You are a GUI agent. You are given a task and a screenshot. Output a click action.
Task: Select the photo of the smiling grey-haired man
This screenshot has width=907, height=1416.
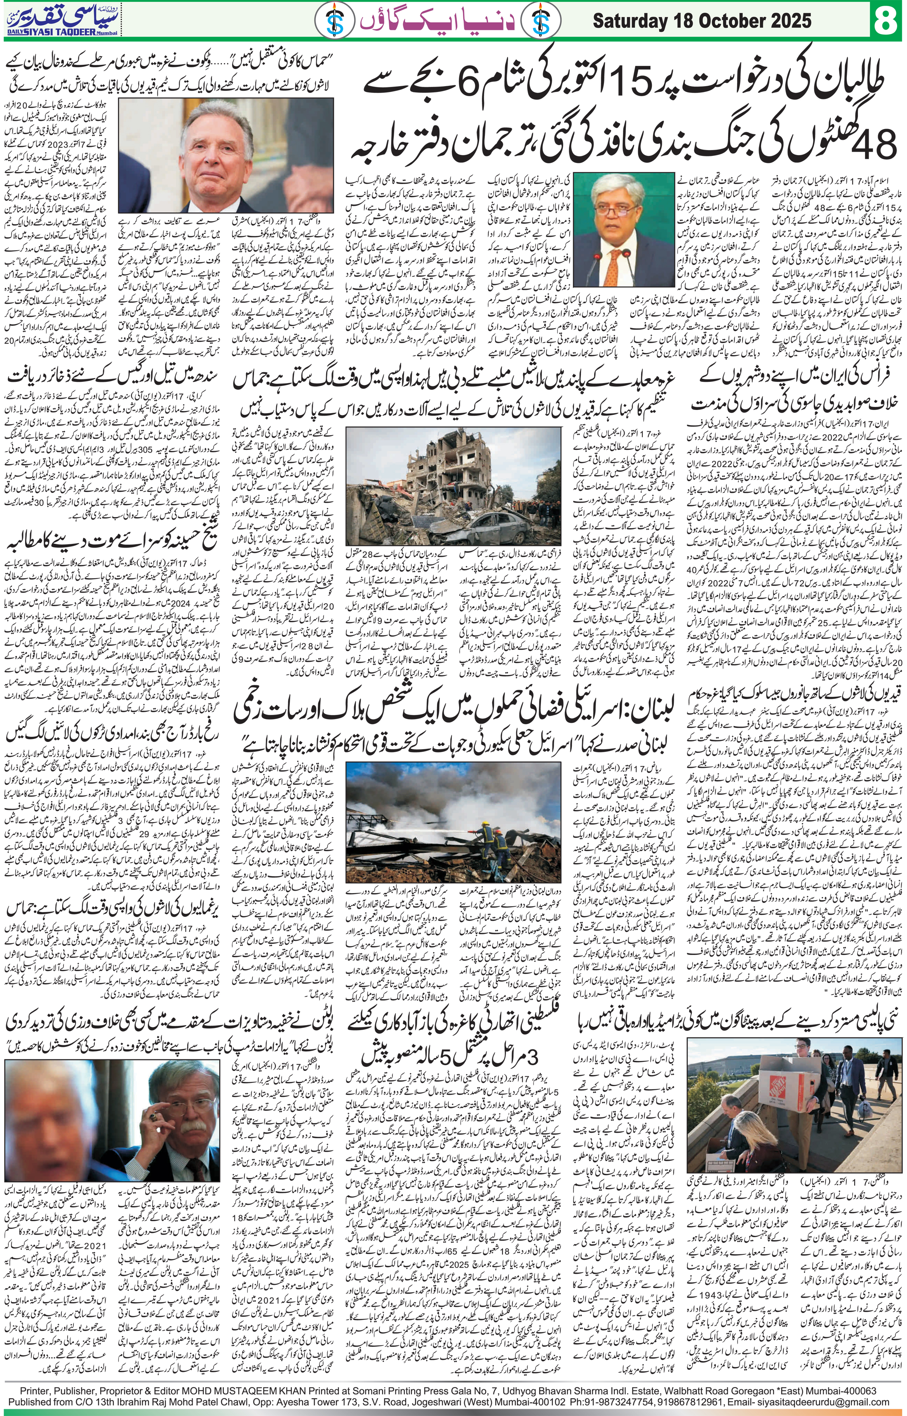coord(171,153)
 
